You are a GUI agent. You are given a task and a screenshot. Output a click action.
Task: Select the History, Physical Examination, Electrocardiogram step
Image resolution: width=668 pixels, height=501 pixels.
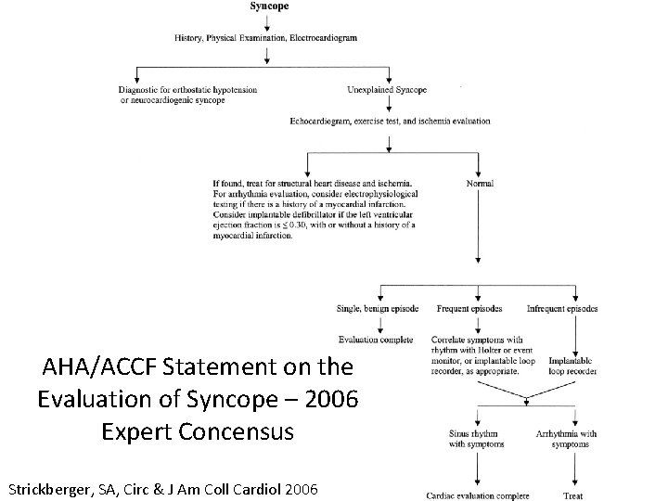(265, 38)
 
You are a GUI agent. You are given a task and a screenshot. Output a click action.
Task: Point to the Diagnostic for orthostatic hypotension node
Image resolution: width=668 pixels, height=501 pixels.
(188, 90)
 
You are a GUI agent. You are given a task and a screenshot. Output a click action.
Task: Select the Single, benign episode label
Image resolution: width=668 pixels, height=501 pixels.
(377, 308)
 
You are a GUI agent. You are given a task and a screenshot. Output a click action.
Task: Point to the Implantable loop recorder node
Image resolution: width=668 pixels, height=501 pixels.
(572, 365)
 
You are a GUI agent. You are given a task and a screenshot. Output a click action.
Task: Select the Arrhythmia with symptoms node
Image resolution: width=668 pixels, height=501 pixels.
(567, 438)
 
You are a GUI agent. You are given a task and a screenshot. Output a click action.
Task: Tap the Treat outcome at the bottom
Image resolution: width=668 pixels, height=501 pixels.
(572, 495)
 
